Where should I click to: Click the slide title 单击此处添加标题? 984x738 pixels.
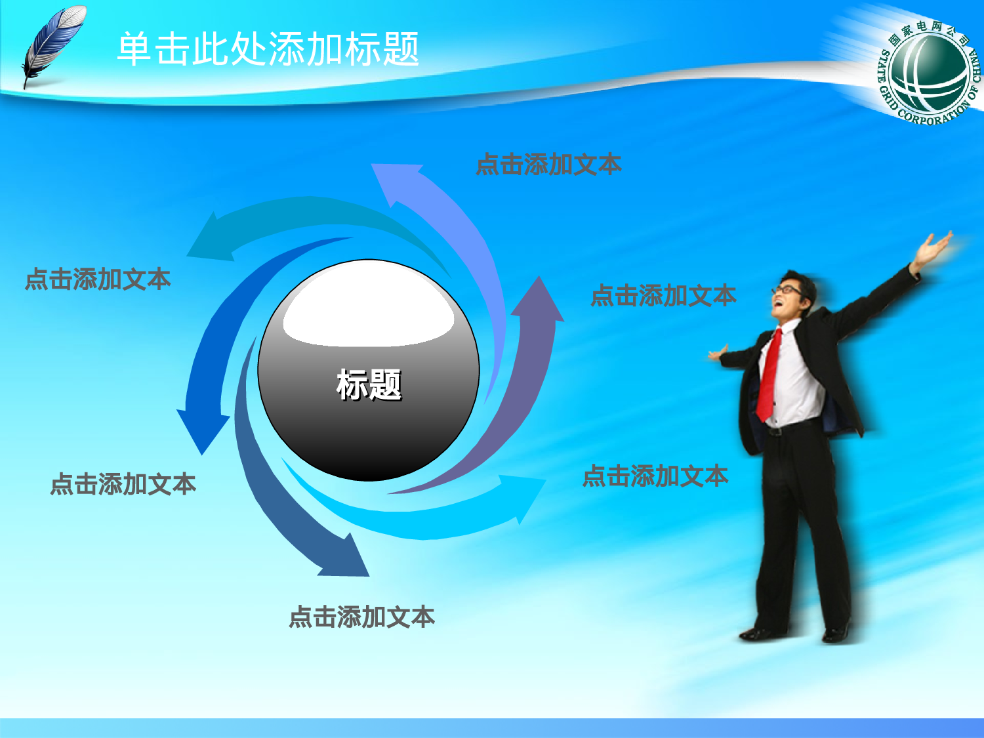click(268, 49)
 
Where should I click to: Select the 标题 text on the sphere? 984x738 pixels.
click(369, 384)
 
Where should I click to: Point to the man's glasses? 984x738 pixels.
click(787, 289)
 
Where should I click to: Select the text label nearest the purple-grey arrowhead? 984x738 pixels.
click(663, 296)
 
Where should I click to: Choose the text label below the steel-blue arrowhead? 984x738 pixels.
click(361, 617)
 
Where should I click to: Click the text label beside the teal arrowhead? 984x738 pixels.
click(98, 279)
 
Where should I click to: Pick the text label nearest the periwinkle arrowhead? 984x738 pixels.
click(548, 164)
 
